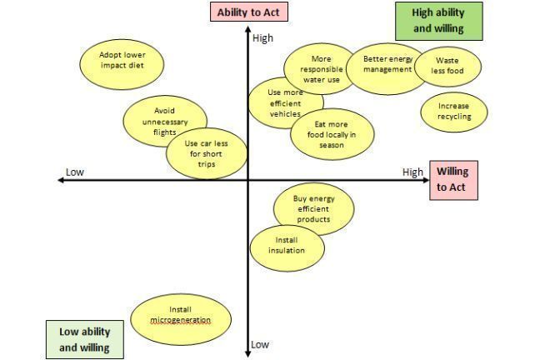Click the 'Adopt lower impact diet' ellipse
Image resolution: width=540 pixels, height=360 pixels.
(122, 61)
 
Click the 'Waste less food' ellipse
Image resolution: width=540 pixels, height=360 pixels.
(446, 66)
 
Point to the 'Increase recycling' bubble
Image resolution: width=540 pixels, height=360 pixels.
(453, 112)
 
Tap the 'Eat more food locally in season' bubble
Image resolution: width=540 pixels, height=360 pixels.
(329, 133)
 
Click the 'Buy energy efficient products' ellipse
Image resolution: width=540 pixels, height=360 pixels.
(314, 209)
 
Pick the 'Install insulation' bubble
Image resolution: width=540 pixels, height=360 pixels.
(287, 246)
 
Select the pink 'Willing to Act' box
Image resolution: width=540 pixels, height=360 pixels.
(452, 180)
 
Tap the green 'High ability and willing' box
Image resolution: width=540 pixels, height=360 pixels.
(438, 20)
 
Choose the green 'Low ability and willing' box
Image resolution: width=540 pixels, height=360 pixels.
(85, 339)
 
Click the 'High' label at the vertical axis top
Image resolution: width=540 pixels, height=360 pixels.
(262, 38)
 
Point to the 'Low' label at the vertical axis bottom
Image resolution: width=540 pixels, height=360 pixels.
(260, 344)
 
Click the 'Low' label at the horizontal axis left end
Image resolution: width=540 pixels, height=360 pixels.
(75, 172)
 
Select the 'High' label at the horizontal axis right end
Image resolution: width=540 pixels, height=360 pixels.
(412, 172)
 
